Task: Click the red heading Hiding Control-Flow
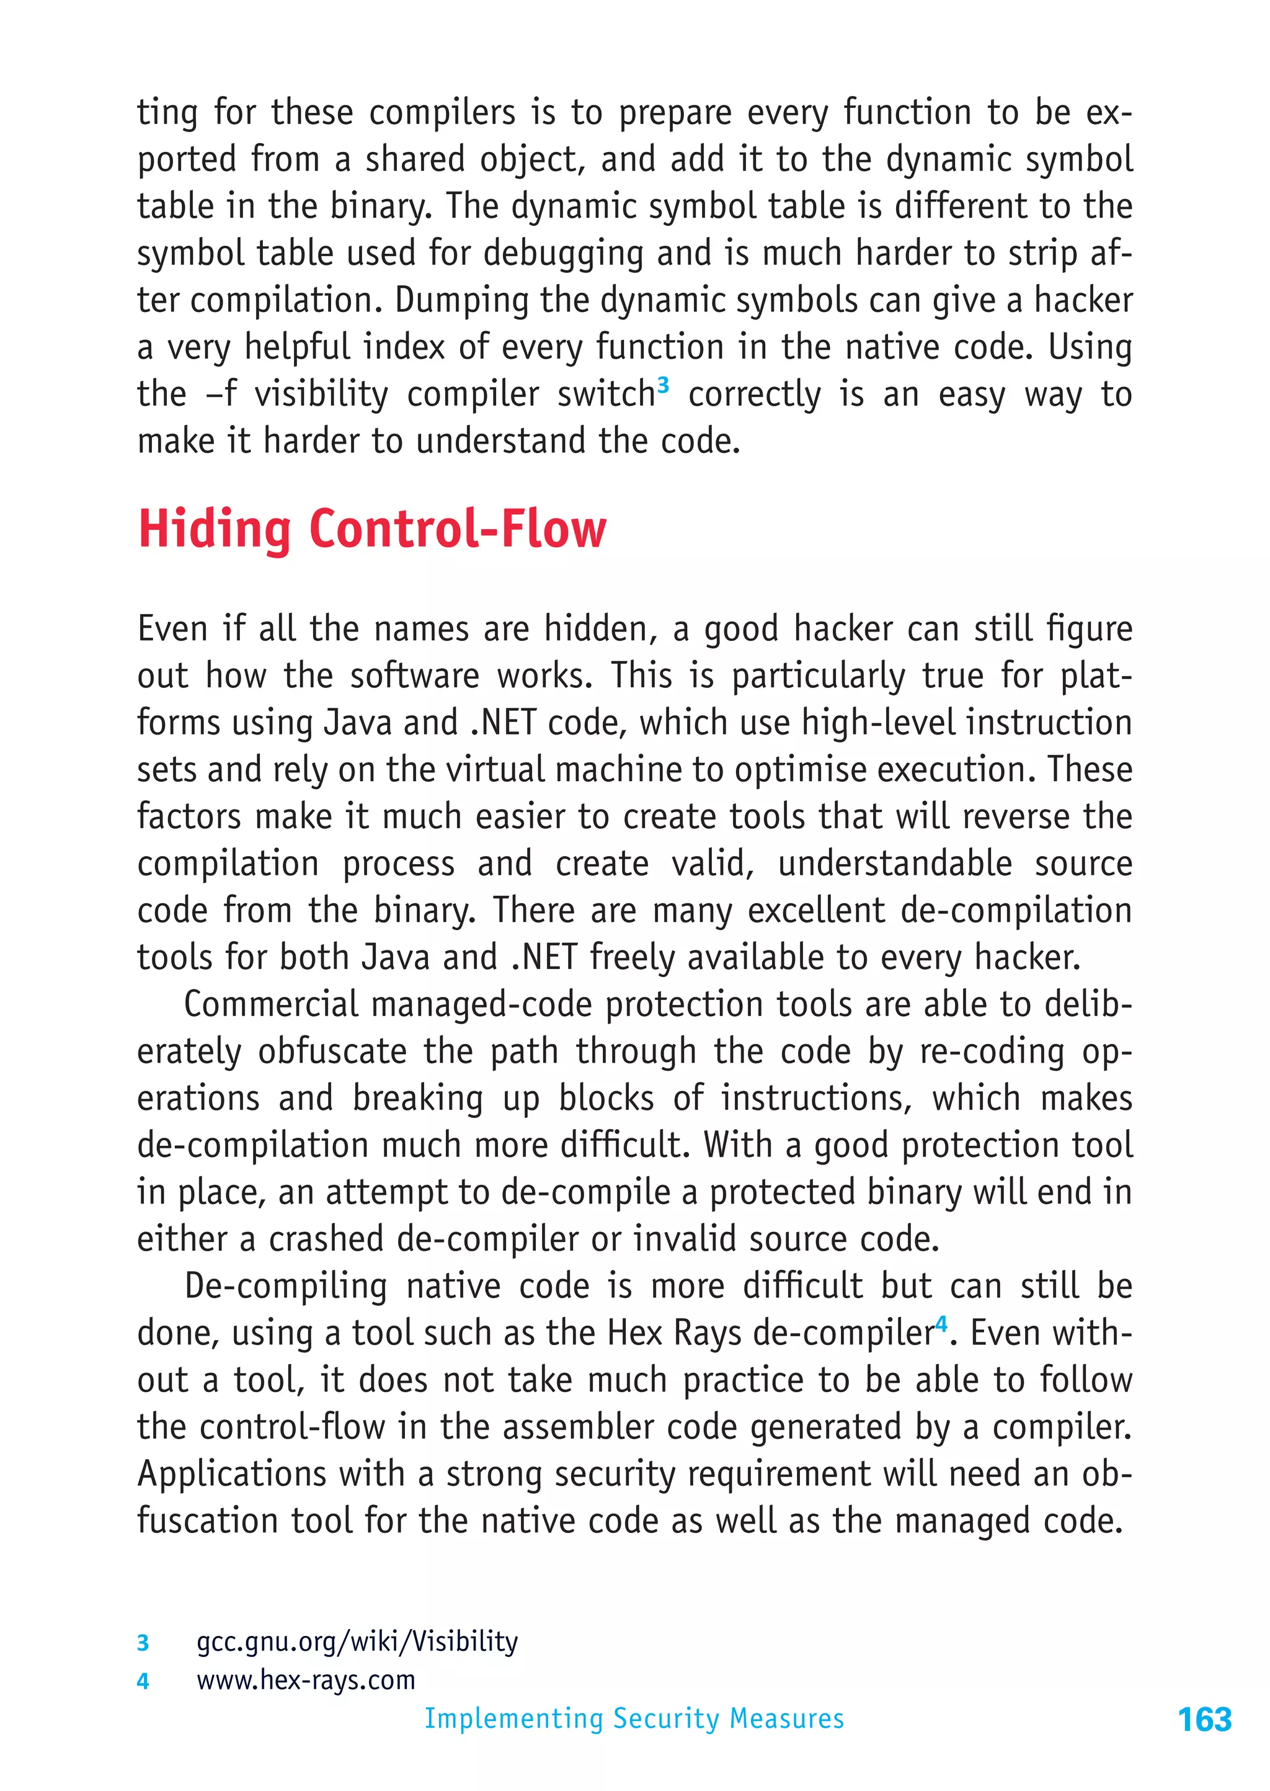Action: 371,529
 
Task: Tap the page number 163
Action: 1204,1720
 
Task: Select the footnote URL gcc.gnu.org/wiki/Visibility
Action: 357,1641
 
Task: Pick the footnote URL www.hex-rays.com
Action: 306,1679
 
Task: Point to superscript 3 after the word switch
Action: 663,385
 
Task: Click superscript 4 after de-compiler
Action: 941,1324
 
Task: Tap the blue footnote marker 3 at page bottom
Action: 143,1642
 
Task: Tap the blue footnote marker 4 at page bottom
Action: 143,1681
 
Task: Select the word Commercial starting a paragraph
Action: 270,1005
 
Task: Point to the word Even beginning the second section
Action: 172,630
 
